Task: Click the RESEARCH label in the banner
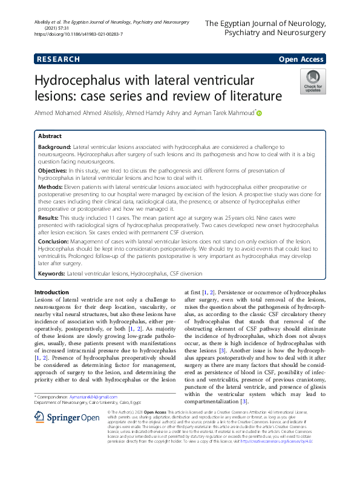click(x=58, y=59)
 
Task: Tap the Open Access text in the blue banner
click(x=300, y=59)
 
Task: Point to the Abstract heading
click(x=50, y=137)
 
